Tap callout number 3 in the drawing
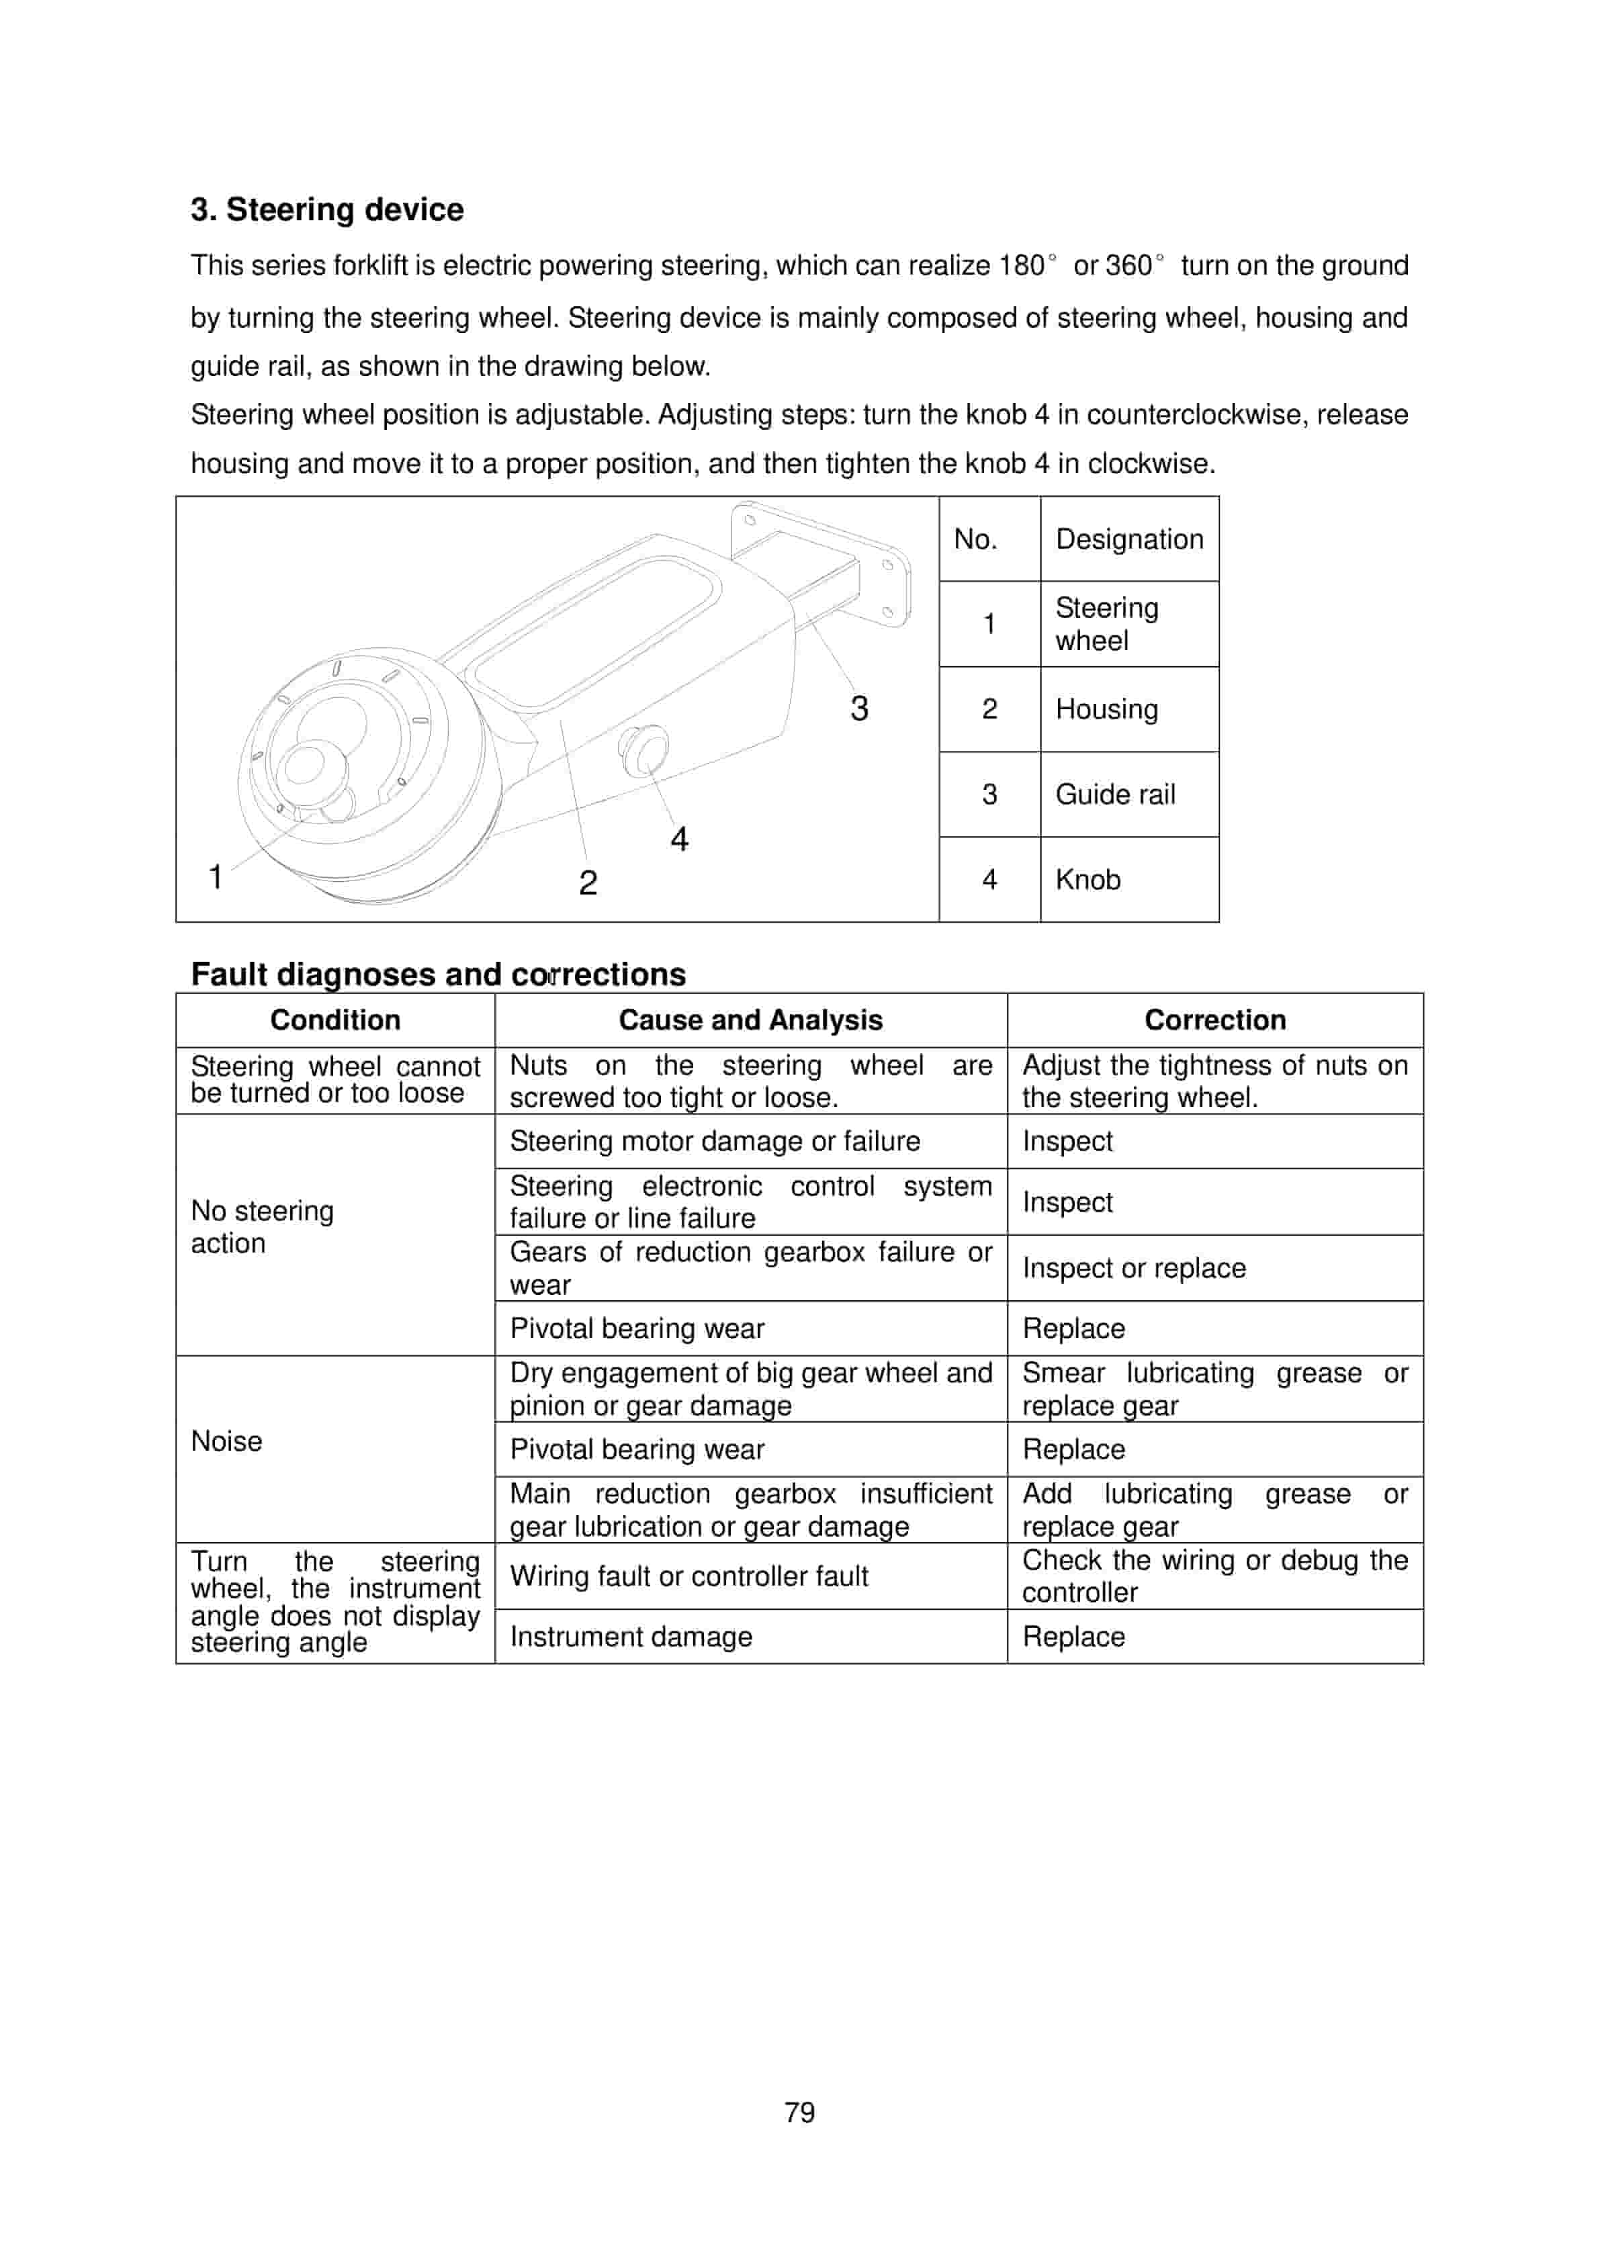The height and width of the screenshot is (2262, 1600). (859, 709)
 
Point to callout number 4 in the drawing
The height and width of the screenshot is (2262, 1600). (679, 840)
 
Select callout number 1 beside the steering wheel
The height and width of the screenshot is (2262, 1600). (215, 876)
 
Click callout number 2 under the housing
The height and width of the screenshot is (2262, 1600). (588, 882)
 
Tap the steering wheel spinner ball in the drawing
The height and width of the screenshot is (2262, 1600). (313, 768)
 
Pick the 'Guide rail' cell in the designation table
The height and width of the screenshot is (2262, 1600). (1115, 794)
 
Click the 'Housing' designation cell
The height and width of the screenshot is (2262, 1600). (1106, 709)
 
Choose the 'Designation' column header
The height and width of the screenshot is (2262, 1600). (1129, 539)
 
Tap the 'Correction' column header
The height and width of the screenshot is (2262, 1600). (1215, 1020)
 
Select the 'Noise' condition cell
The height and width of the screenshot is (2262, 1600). (226, 1441)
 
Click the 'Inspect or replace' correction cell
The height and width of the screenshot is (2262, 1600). (1134, 1268)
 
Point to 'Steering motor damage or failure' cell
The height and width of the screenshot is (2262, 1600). (714, 1141)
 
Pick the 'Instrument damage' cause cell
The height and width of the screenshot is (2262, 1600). (631, 1637)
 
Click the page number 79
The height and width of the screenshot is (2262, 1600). (799, 2112)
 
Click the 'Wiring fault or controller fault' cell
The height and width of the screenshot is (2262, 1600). (688, 1576)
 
